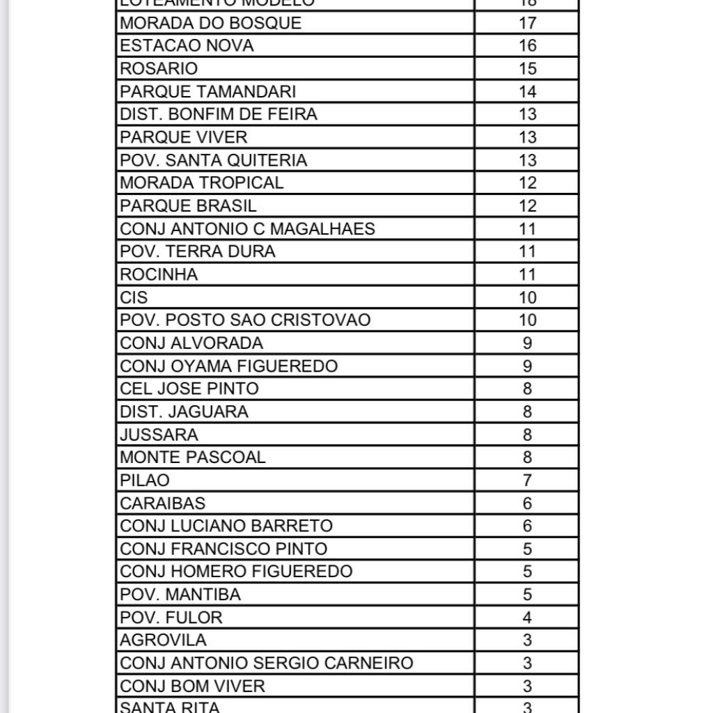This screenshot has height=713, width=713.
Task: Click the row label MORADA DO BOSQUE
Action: (210, 23)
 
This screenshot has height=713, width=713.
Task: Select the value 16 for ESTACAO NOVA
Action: (528, 46)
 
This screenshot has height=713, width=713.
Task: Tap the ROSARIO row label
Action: (159, 69)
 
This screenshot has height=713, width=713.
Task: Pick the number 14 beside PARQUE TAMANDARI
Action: (528, 92)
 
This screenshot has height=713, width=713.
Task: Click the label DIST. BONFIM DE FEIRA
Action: (219, 114)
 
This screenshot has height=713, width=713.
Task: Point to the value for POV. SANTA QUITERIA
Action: (528, 160)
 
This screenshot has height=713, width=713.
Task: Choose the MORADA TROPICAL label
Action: (202, 183)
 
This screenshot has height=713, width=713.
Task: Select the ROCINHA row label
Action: (159, 274)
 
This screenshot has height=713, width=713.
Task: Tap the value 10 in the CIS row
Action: (528, 297)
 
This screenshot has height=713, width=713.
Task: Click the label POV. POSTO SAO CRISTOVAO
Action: (245, 320)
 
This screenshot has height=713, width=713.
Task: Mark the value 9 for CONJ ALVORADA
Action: (528, 343)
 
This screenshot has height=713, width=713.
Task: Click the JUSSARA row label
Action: (159, 434)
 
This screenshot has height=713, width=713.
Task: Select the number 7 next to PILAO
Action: (528, 480)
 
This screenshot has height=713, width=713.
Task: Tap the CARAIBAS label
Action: (162, 503)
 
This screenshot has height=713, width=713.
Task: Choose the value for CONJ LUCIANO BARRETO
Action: (528, 526)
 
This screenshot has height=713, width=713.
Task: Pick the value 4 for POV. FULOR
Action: (528, 618)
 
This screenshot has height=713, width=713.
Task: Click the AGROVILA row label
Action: (163, 641)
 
